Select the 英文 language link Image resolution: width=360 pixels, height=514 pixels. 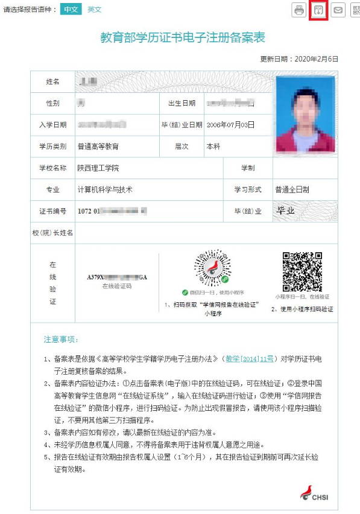point(94,9)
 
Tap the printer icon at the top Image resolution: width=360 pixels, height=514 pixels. point(299,10)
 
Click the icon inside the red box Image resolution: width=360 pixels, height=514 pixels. point(318,10)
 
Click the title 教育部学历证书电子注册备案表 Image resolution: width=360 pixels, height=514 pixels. point(183,37)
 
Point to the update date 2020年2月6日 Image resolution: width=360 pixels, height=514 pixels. point(316,59)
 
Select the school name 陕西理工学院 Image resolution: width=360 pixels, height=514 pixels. point(98,168)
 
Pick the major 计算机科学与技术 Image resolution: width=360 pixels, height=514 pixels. point(105,189)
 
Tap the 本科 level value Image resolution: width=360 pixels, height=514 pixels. point(214,146)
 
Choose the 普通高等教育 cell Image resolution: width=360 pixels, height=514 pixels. point(98,146)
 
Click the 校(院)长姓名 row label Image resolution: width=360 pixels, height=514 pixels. point(52,232)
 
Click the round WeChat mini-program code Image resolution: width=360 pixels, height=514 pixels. point(212,271)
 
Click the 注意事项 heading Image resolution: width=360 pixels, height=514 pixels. point(61,340)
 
